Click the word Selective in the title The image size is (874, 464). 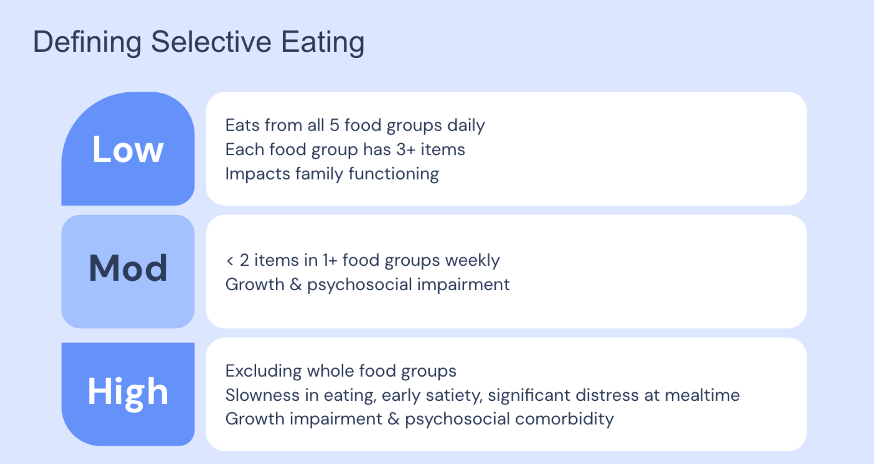tap(211, 42)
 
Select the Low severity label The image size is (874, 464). tap(128, 149)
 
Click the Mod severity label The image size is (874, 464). tap(128, 268)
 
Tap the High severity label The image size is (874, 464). tap(128, 392)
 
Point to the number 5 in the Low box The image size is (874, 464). tap(334, 125)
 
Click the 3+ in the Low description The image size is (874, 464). tap(406, 149)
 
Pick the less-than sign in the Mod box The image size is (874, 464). tap(230, 261)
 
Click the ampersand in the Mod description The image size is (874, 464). tap(295, 284)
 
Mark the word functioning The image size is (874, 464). tap(393, 174)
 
